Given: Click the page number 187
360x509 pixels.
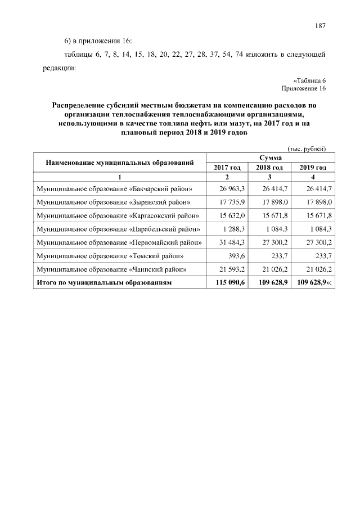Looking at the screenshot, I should (321, 25).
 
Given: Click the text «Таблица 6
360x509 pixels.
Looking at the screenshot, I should (309, 80).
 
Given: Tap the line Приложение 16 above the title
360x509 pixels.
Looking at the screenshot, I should (304, 88).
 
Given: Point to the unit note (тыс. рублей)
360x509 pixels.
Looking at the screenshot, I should (307, 148).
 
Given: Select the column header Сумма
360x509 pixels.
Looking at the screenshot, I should (271, 158).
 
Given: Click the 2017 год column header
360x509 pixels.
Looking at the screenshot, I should (227, 168).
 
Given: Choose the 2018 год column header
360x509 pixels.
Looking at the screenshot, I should (271, 168).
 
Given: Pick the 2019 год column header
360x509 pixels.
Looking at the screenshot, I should (313, 168).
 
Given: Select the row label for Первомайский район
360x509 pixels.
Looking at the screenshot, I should (119, 242).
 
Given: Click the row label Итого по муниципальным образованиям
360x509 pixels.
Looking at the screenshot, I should (104, 282).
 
